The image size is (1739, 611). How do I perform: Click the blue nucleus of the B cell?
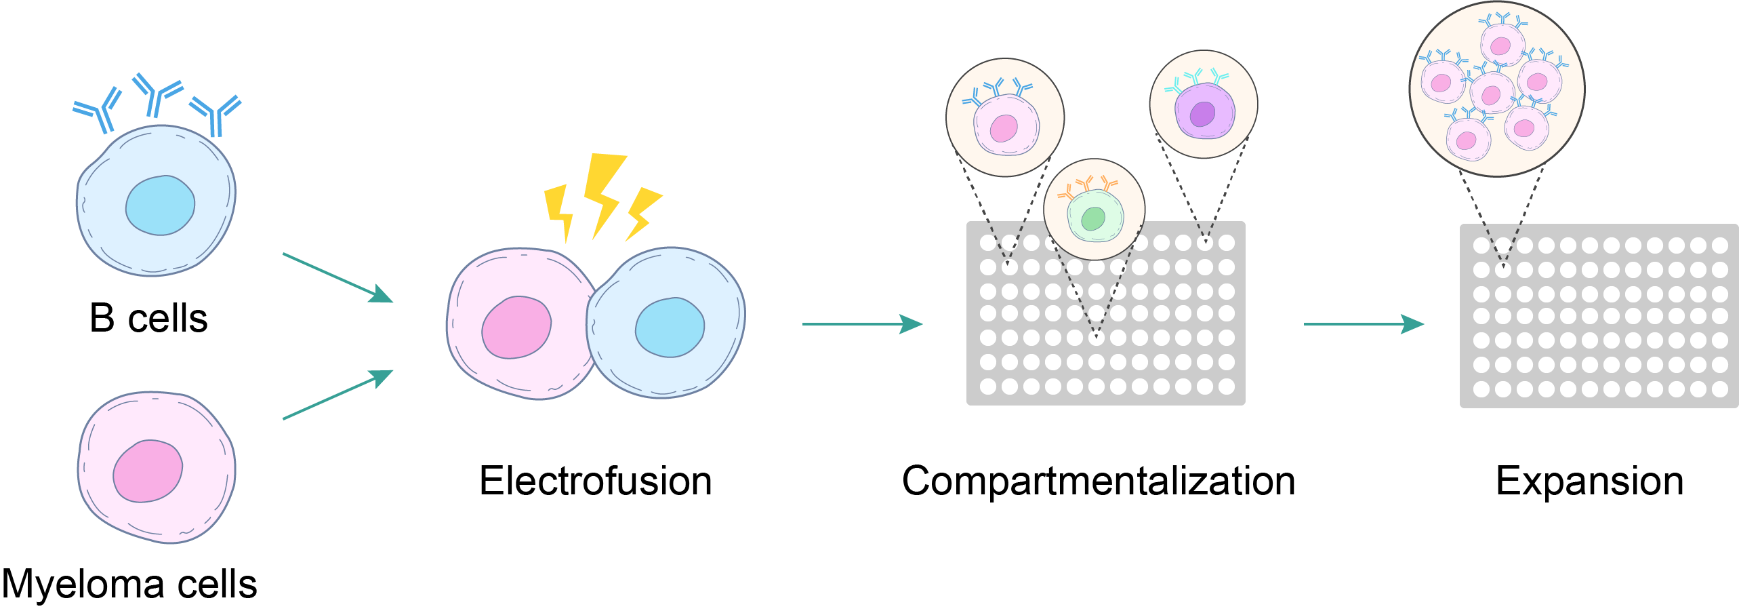pos(160,205)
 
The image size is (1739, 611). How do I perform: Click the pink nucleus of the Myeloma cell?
pos(148,471)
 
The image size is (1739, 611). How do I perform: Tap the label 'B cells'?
pos(148,318)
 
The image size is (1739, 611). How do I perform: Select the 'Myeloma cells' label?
pos(129,584)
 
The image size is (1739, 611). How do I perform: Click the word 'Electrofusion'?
pos(595,481)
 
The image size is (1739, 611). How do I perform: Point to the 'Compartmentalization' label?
pos(1098,481)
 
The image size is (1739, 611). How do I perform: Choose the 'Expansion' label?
pos(1589,481)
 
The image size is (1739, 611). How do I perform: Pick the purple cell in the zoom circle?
pos(1204,112)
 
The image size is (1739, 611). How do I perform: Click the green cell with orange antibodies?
pos(1094,216)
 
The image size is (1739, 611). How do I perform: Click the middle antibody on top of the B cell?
pos(157,95)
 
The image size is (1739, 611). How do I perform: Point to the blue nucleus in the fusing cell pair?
pos(670,328)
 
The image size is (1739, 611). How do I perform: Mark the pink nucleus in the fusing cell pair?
pos(516,328)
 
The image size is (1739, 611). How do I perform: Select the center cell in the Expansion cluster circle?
pos(1492,94)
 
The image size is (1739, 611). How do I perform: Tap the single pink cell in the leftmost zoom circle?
pos(1006,126)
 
